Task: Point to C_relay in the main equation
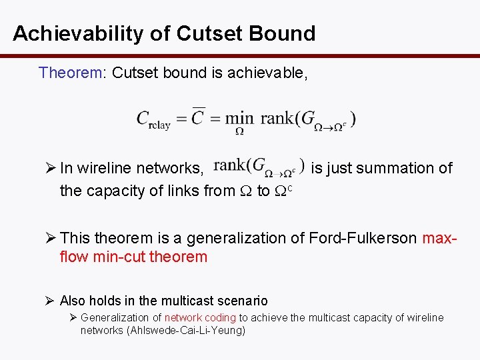(153, 119)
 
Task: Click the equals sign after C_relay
(181, 119)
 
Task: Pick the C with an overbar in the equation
(198, 117)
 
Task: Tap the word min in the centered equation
(239, 119)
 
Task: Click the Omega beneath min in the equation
(239, 132)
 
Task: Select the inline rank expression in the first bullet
(259, 167)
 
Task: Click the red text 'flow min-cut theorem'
(133, 257)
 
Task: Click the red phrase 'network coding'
(200, 318)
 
